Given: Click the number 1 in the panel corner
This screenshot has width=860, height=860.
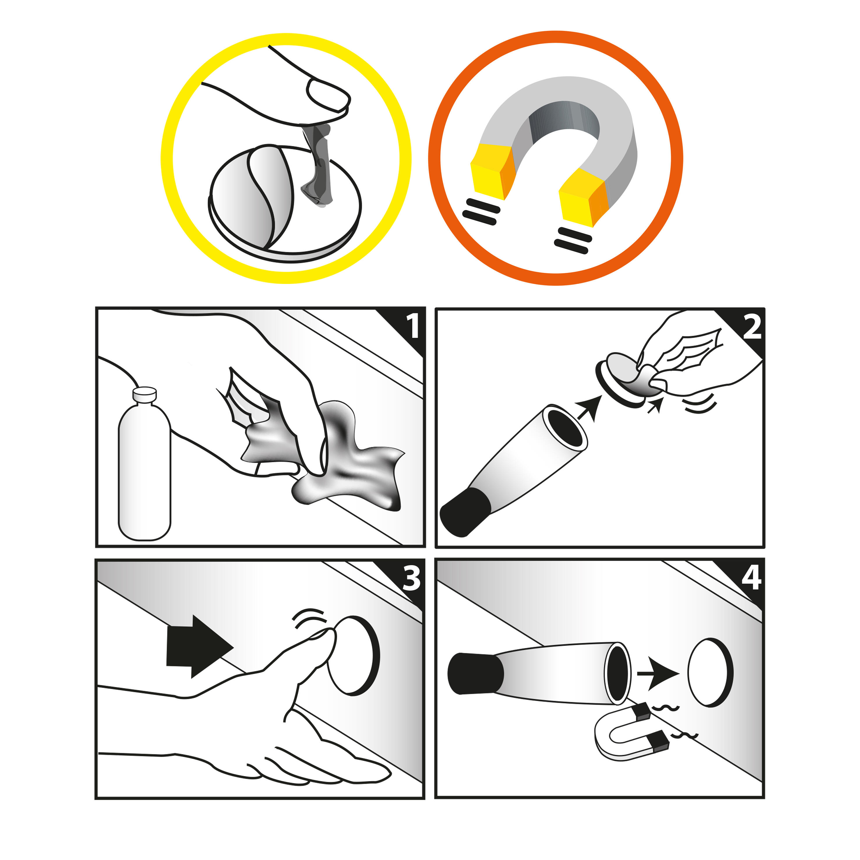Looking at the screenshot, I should click(x=413, y=326).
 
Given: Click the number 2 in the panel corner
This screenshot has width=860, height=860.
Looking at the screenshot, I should click(x=752, y=328).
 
